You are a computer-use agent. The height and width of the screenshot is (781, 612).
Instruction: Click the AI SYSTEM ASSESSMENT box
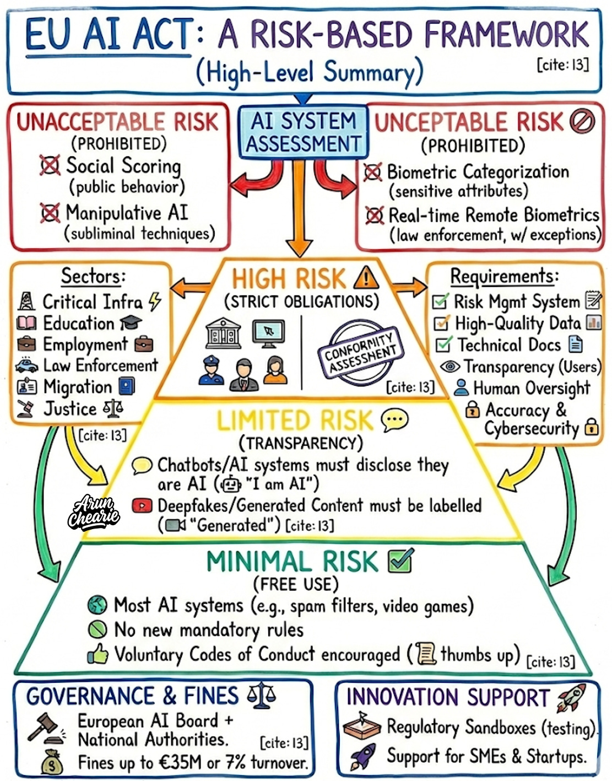(x=302, y=132)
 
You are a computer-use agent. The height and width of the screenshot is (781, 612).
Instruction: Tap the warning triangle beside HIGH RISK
(x=366, y=277)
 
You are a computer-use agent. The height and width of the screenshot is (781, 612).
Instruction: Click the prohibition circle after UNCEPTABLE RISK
(x=582, y=121)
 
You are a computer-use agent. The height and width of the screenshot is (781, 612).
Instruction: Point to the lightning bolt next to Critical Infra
(x=155, y=301)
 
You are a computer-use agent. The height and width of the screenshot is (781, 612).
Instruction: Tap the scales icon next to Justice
(x=113, y=408)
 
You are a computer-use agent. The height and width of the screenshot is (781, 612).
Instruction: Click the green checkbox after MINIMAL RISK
(x=400, y=561)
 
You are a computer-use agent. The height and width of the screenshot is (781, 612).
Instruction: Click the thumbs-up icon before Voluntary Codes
(x=98, y=655)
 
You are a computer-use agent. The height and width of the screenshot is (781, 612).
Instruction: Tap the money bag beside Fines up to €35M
(x=52, y=763)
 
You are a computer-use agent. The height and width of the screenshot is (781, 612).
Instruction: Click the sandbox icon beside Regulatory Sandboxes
(x=361, y=726)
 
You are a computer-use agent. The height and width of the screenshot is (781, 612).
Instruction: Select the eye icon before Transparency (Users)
(x=449, y=367)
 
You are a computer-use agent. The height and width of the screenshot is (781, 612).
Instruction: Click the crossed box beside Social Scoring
(x=50, y=165)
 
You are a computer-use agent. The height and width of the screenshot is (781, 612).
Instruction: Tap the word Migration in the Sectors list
(x=78, y=387)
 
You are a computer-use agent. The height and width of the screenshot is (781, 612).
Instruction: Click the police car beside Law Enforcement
(x=27, y=365)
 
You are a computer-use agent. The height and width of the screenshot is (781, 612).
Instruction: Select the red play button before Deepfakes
(x=142, y=505)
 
